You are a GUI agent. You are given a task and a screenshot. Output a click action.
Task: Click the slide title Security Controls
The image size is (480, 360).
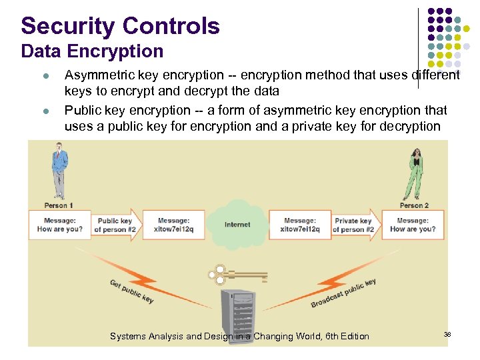click(120, 26)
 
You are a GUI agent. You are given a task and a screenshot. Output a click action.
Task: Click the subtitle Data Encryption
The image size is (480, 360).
click(92, 51)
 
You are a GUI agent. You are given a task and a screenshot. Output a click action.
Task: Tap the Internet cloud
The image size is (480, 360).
click(237, 224)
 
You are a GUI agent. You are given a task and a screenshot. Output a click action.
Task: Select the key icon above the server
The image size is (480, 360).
click(237, 274)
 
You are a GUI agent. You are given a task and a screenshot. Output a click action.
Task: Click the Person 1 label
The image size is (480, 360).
click(59, 206)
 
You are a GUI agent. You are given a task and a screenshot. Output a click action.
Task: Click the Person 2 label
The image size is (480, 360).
click(414, 206)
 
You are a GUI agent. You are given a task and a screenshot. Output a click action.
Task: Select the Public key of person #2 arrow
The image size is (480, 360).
click(115, 225)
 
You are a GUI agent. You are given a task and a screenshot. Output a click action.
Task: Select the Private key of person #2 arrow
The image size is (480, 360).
click(354, 225)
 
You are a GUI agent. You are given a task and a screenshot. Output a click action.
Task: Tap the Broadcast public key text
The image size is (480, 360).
click(343, 294)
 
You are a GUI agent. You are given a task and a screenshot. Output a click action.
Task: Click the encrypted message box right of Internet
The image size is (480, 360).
click(300, 225)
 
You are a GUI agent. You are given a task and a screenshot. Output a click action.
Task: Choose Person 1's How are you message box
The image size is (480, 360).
click(60, 225)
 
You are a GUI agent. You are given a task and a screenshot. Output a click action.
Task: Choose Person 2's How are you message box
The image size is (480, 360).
click(413, 225)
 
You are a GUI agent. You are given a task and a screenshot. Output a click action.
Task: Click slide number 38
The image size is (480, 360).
click(447, 334)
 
